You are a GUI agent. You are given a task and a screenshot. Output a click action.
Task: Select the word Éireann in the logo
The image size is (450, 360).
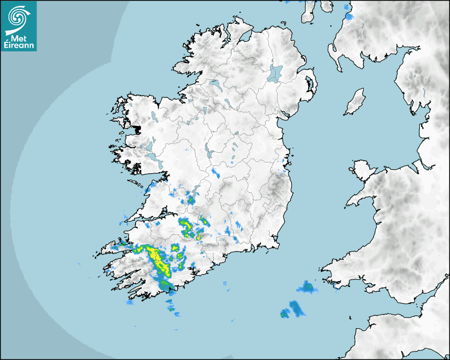click(x=19, y=46)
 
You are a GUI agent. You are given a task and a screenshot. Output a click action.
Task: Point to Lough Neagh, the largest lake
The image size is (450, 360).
click(x=275, y=73)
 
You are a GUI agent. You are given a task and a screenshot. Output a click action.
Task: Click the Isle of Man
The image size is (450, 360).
click(x=355, y=102)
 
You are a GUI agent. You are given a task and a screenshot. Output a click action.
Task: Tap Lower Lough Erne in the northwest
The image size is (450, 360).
click(x=214, y=84)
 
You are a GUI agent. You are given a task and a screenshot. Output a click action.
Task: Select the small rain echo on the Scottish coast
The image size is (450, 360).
click(x=349, y=16)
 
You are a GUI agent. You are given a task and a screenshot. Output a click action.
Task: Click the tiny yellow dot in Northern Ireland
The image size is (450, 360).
click(x=247, y=83)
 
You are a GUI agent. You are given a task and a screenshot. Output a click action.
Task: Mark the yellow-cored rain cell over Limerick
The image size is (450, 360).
click(x=187, y=228)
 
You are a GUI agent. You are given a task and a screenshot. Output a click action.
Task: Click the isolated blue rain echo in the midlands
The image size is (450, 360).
click(x=215, y=172)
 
